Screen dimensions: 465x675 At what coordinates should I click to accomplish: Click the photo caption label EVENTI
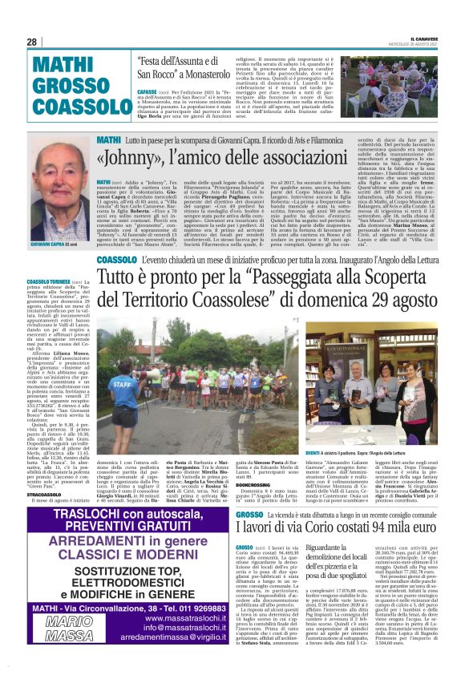(308, 430)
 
